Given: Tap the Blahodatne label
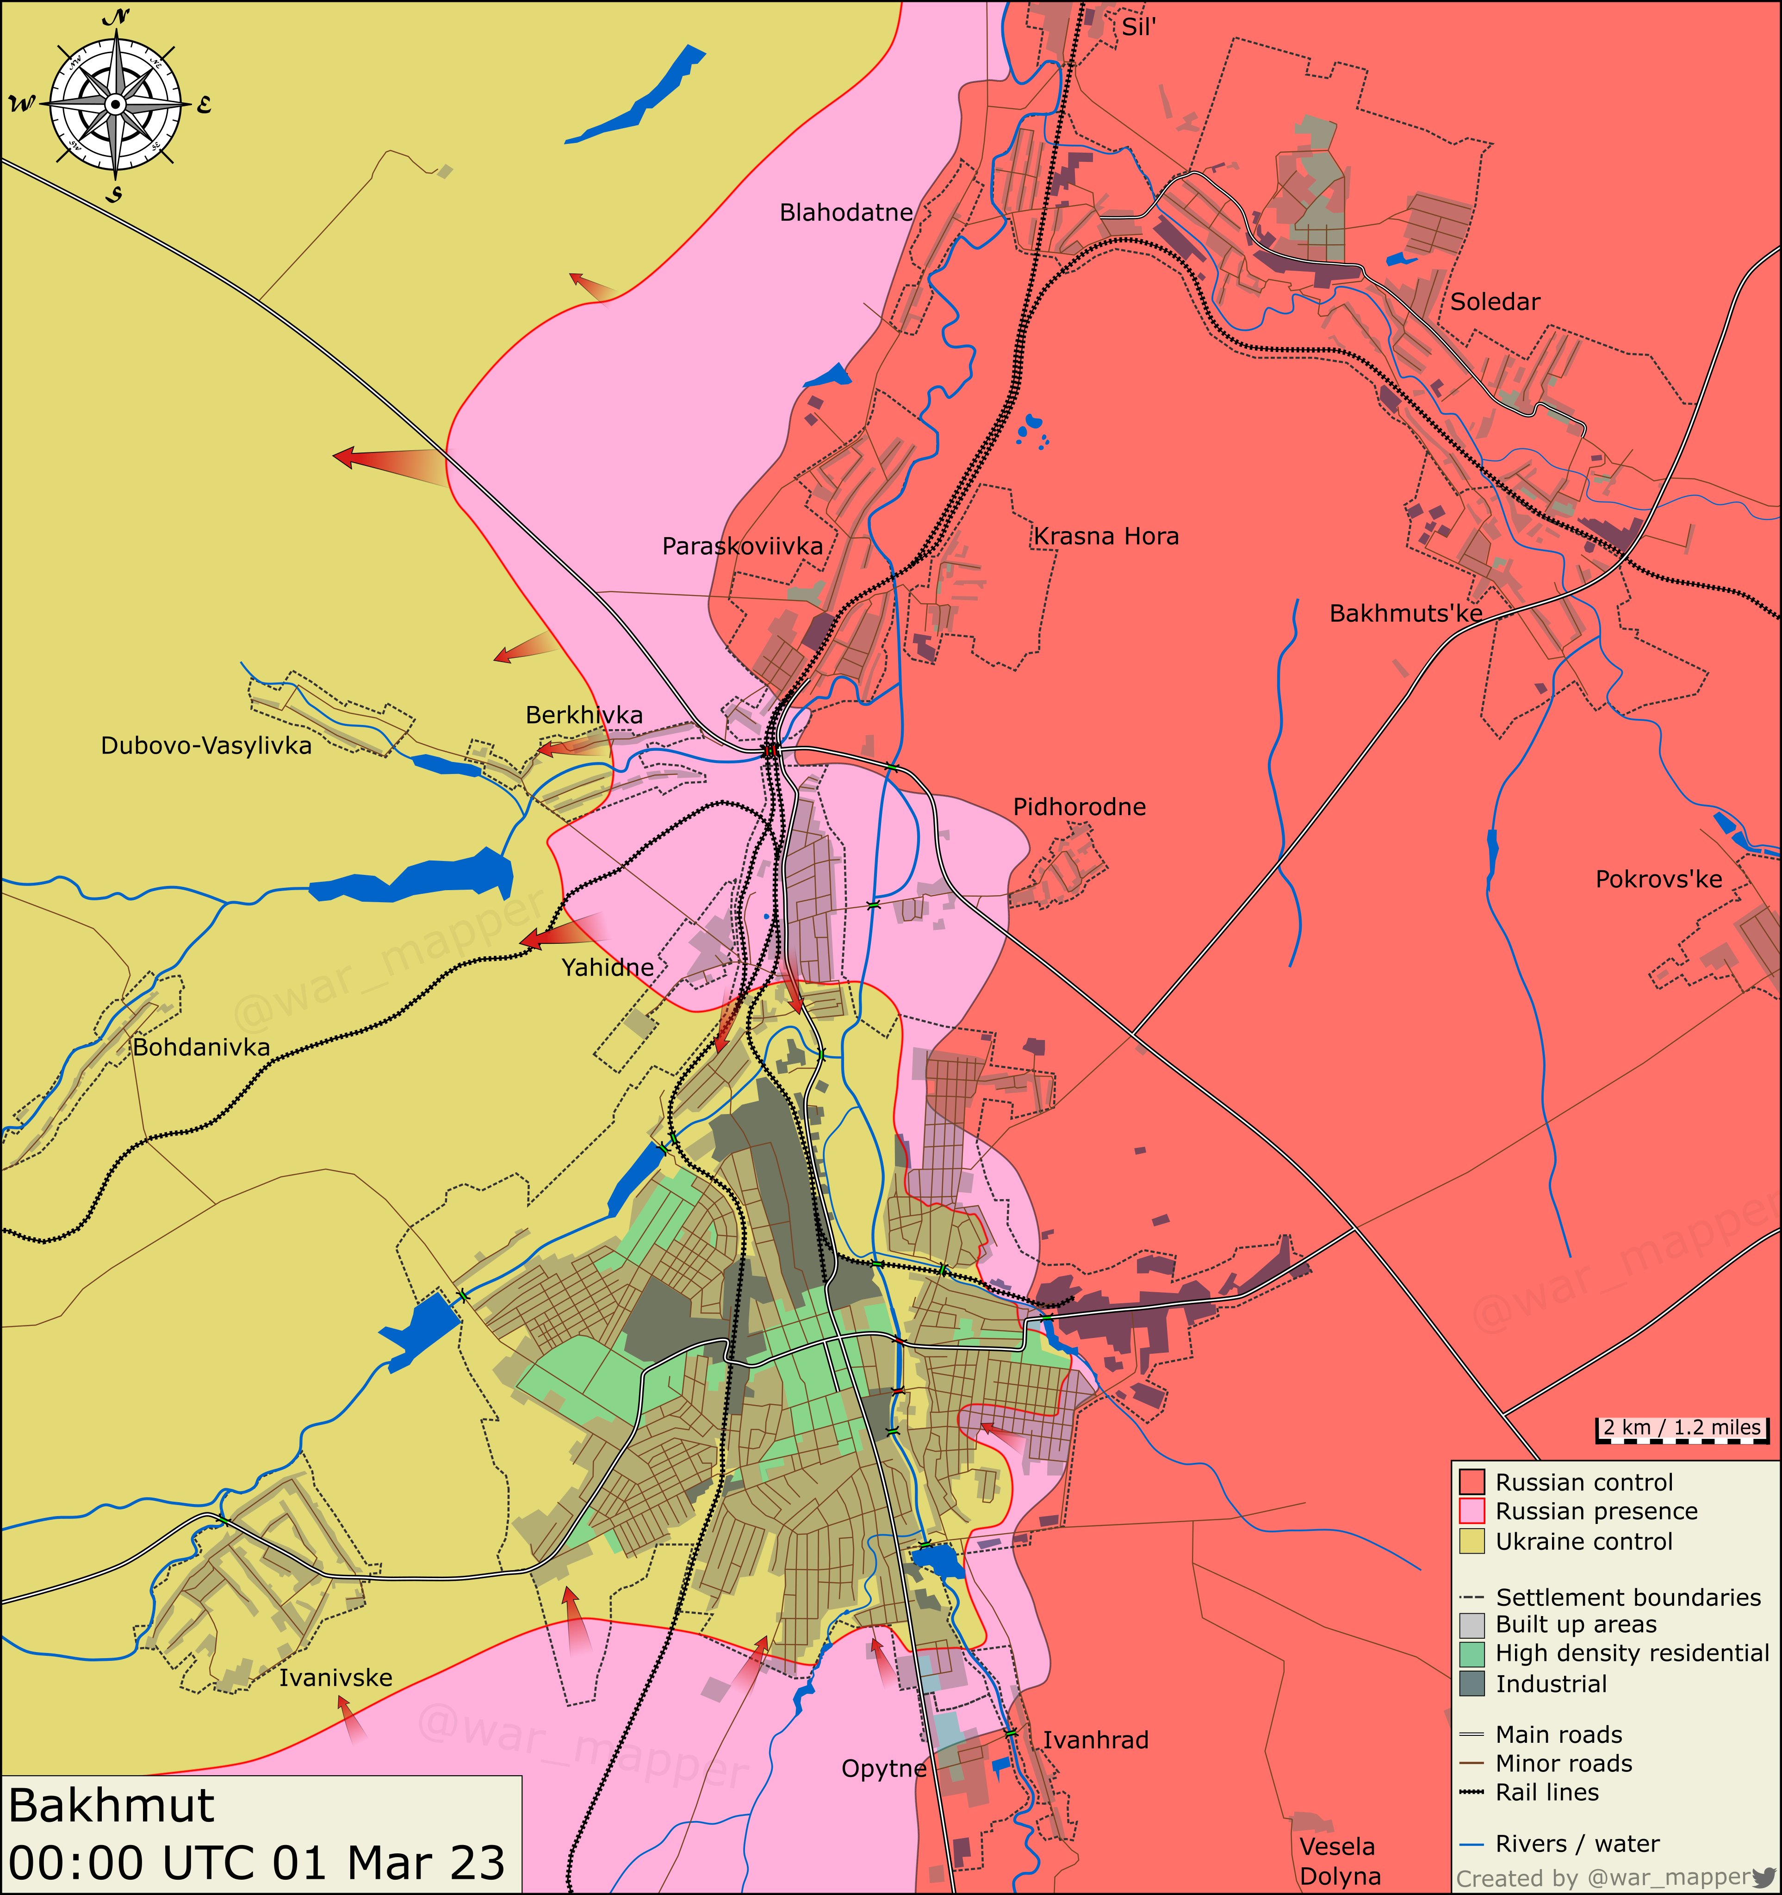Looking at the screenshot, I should click(846, 212).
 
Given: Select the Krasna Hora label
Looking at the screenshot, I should click(1106, 537).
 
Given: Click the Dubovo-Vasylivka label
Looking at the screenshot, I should click(206, 745).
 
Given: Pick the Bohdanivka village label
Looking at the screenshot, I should click(201, 1047).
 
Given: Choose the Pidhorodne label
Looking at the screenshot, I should click(1079, 807).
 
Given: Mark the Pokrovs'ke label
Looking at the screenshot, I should click(1659, 879).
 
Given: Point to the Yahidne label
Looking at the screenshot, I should click(608, 967).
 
